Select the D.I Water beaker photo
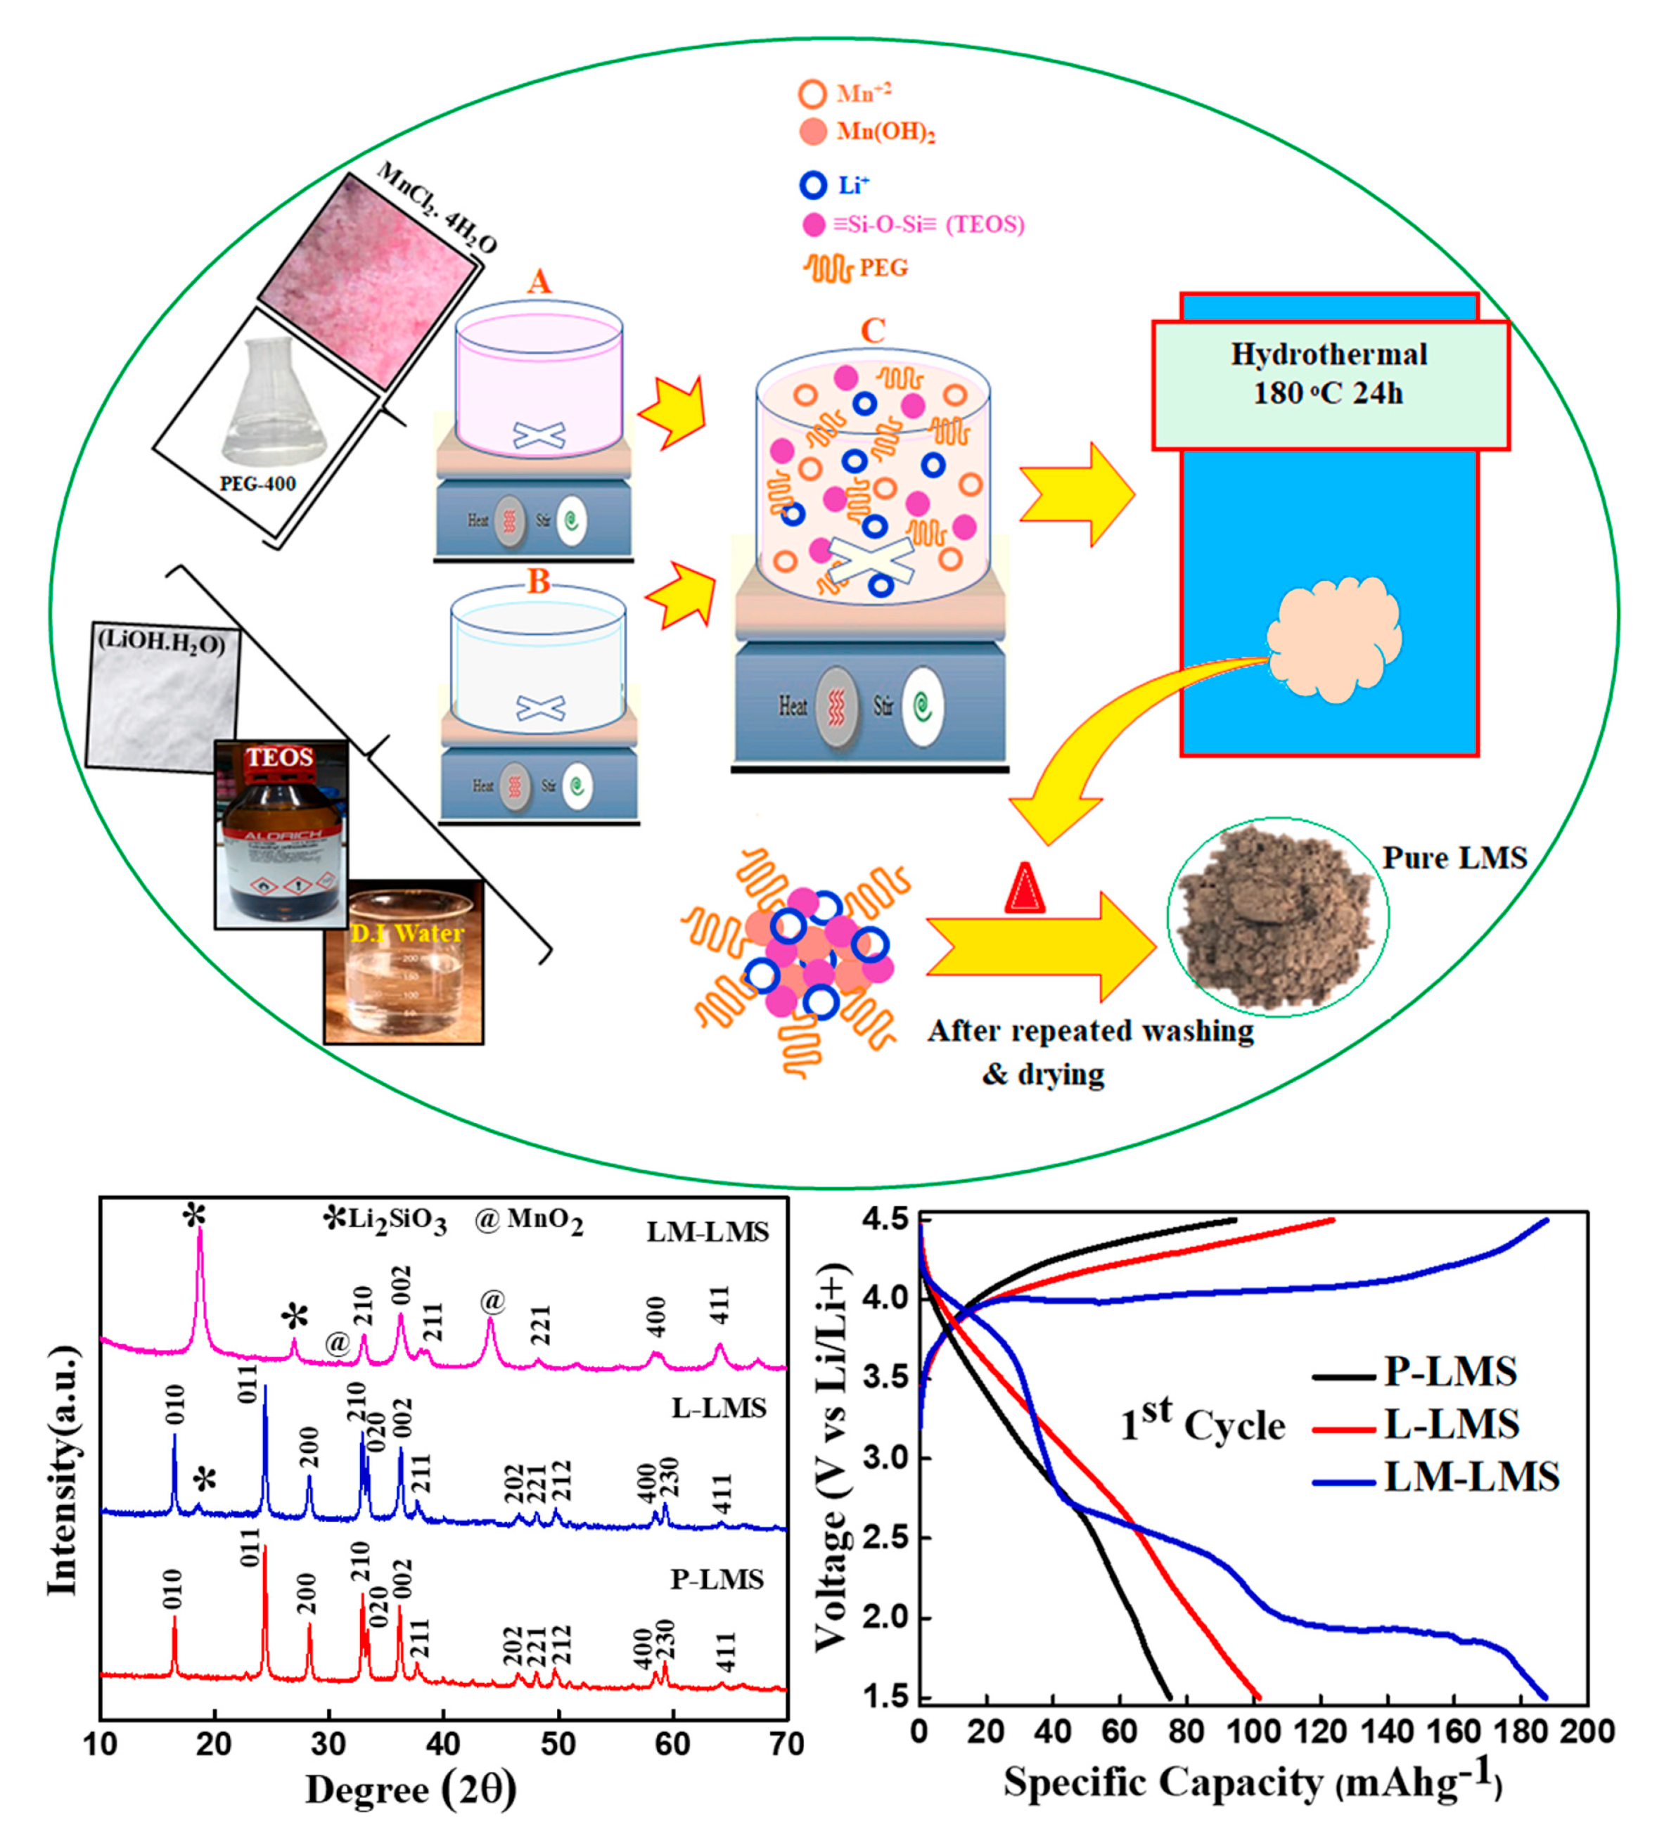tap(404, 963)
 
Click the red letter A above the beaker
tap(539, 281)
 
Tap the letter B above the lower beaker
tap(539, 581)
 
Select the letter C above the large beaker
tap(872, 331)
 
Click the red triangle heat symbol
tap(1024, 890)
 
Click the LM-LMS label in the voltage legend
tap(1471, 1477)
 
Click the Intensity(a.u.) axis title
tap(62, 1470)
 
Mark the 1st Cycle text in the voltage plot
tap(1202, 1423)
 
